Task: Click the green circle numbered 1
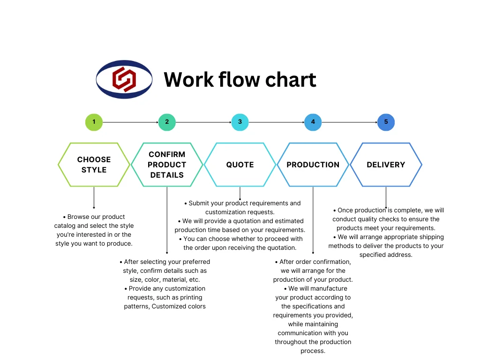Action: [94, 122]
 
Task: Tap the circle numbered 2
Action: [167, 122]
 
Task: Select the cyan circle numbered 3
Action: [240, 122]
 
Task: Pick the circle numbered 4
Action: [313, 122]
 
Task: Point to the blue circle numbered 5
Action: [386, 122]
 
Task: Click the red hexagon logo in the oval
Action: [124, 79]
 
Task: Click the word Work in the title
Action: [188, 80]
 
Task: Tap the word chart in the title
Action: [291, 80]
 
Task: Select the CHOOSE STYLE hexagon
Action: [94, 165]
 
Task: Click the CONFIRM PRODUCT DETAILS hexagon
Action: [167, 165]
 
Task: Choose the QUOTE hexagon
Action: [240, 165]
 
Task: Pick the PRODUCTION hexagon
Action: [313, 165]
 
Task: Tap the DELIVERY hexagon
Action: [386, 165]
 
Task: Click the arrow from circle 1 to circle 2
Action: [130, 122]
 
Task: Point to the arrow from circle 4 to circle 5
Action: [349, 122]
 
